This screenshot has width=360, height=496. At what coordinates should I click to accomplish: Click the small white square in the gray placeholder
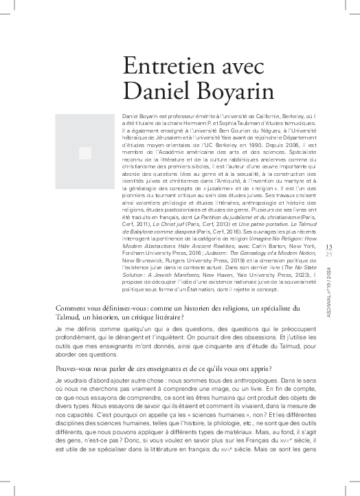coord(85,153)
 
